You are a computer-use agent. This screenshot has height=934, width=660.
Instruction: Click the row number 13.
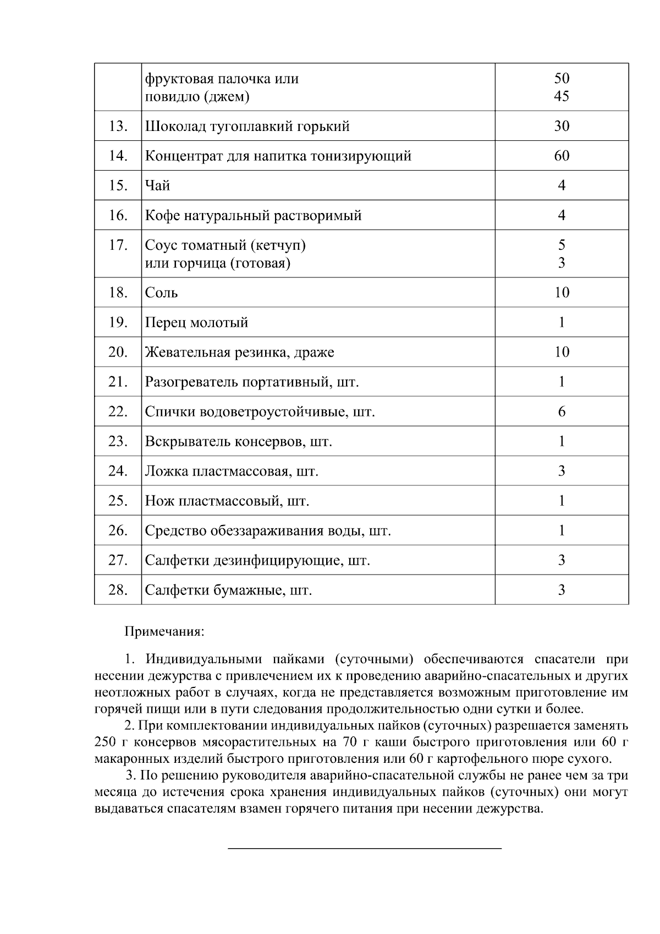[118, 127]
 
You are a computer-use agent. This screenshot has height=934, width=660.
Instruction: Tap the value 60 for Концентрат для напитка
[561, 156]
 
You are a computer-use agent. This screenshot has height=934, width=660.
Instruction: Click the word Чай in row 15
[157, 186]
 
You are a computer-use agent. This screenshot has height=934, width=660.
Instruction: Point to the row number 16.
[118, 216]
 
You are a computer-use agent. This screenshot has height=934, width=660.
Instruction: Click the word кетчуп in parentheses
[275, 245]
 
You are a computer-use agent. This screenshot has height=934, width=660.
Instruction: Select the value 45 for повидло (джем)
[561, 97]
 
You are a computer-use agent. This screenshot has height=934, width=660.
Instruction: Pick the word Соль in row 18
[161, 293]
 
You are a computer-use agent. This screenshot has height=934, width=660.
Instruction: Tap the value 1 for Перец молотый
[561, 323]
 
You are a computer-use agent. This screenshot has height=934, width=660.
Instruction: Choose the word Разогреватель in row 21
[191, 382]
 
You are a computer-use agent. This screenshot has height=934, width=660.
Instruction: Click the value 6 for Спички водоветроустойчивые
[561, 412]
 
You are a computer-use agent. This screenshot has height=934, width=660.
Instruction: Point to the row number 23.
[118, 441]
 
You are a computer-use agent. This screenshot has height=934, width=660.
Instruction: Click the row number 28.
[118, 591]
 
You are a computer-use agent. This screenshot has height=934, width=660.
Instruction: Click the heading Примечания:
[164, 631]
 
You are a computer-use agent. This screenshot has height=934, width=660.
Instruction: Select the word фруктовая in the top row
[178, 79]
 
